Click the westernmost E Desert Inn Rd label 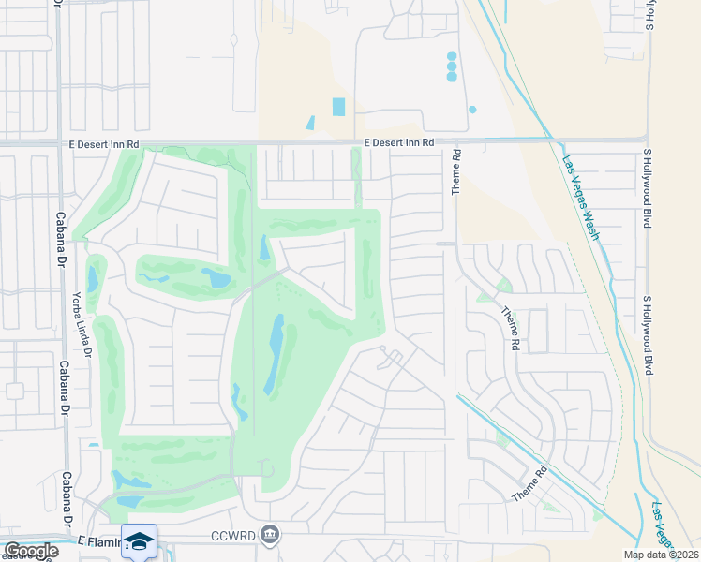click(x=103, y=143)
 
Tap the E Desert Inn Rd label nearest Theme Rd click(x=399, y=142)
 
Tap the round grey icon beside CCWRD click(x=270, y=534)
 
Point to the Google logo click(x=30, y=551)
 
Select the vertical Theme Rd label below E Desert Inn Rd click(x=456, y=171)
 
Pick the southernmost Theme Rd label click(x=529, y=486)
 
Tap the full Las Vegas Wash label click(x=580, y=197)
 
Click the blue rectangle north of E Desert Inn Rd click(x=338, y=107)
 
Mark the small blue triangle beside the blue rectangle click(x=309, y=123)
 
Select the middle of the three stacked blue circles click(x=452, y=67)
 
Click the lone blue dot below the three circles click(x=472, y=110)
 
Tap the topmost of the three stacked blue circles click(x=452, y=56)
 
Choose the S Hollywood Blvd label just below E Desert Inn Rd click(x=647, y=178)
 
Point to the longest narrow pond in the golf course click(x=276, y=354)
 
